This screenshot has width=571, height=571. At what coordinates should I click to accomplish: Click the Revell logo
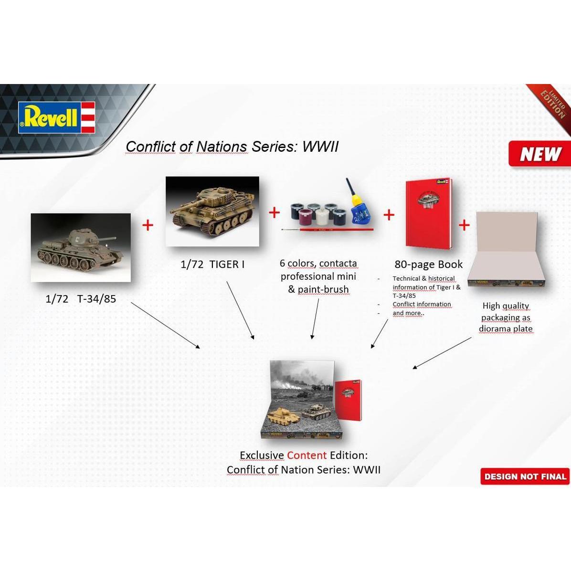click(56, 117)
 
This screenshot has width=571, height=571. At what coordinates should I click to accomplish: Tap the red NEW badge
click(539, 154)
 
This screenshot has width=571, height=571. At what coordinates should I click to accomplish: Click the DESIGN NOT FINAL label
click(525, 476)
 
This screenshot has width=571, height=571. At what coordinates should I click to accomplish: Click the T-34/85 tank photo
click(81, 247)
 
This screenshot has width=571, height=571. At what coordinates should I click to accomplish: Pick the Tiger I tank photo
click(212, 211)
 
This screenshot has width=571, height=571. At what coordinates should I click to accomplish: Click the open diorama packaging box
click(506, 252)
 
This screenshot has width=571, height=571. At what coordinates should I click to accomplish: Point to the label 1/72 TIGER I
click(212, 264)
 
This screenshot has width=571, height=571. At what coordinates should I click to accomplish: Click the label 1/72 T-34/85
click(81, 299)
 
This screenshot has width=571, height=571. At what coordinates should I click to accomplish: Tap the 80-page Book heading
click(429, 264)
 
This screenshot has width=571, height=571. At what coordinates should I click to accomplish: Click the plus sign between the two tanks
click(148, 225)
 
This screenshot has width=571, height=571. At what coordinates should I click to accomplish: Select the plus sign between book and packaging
click(464, 225)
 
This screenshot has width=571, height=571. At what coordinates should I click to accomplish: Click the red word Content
click(307, 455)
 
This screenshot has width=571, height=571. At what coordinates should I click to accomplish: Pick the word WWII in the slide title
click(320, 146)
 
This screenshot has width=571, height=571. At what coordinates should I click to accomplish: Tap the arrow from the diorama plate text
click(442, 353)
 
